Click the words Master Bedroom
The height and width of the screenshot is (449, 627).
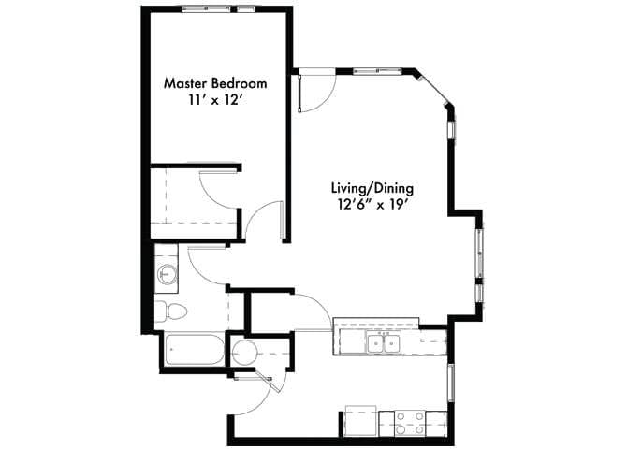point(215,82)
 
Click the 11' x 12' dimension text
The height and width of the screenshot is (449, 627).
point(215,100)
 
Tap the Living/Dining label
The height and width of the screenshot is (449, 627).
point(372,186)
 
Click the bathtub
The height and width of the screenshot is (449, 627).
point(194,354)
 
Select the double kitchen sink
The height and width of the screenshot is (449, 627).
point(384,343)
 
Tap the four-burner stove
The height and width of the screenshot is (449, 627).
point(409,419)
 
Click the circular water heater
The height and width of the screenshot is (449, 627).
point(246,353)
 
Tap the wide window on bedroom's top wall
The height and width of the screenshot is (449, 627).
point(207,8)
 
